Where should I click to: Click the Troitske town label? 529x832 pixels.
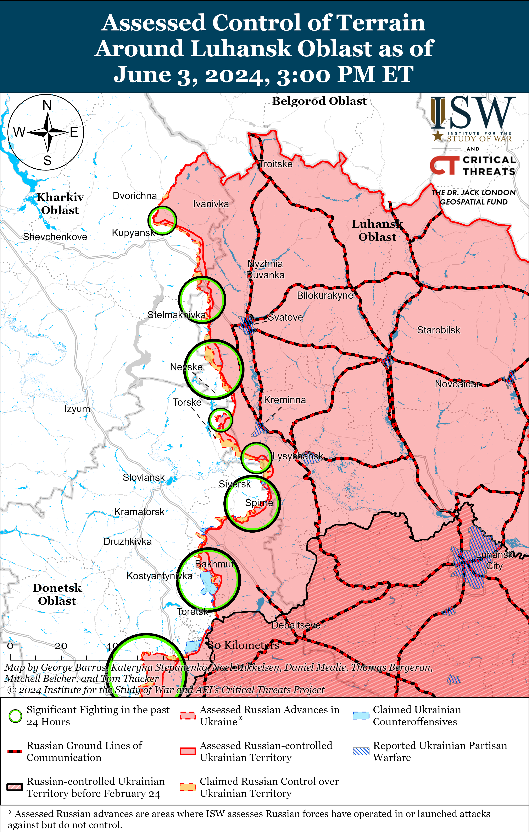click(275, 164)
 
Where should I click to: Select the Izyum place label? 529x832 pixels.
click(77, 409)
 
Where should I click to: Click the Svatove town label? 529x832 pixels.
click(285, 317)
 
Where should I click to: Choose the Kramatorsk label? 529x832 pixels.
click(139, 512)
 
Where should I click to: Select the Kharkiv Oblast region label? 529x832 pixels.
click(60, 203)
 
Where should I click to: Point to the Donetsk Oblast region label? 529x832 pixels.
click(57, 594)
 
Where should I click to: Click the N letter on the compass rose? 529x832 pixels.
click(47, 105)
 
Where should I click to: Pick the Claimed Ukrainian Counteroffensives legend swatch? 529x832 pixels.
click(361, 716)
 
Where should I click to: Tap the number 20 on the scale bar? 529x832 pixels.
click(61, 645)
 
